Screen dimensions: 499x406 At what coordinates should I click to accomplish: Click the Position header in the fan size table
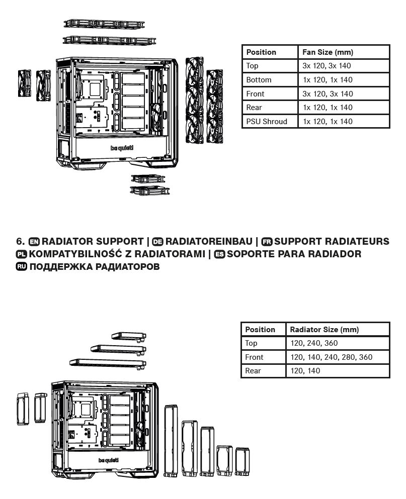[x=261, y=52]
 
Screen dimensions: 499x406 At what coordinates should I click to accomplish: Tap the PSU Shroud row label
[x=267, y=122]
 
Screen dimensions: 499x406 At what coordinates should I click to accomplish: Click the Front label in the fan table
[x=255, y=94]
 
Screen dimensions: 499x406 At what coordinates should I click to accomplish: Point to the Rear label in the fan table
[x=254, y=108]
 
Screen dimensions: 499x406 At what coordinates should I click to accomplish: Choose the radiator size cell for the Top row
[x=314, y=343]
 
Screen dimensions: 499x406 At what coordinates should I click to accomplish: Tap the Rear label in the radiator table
[x=253, y=371]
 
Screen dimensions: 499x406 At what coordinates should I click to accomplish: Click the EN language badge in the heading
[x=34, y=242]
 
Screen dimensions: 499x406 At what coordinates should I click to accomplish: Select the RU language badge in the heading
[x=21, y=267]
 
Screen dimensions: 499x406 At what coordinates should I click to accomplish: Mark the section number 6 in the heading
[x=20, y=242]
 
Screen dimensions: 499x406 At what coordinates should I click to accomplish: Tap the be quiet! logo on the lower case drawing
[x=108, y=460]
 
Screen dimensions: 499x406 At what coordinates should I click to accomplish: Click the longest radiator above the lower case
[x=108, y=363]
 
